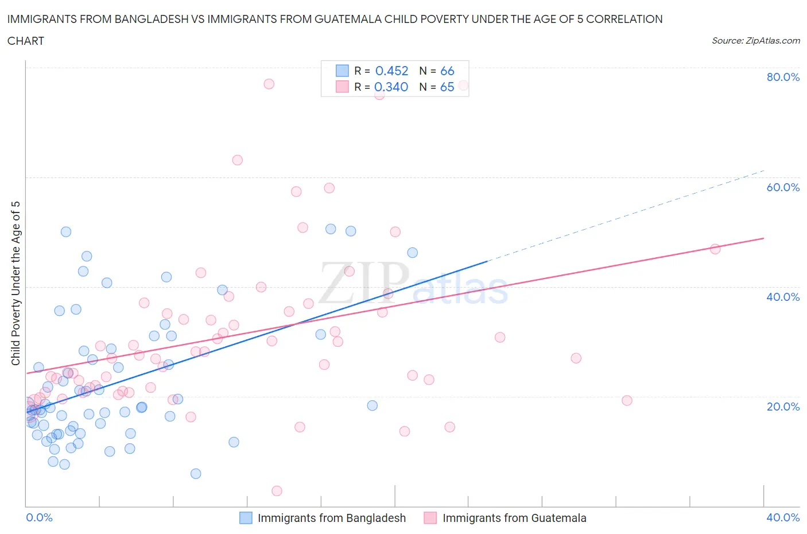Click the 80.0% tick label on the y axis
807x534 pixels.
[783, 78]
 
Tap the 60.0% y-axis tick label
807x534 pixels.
[783, 187]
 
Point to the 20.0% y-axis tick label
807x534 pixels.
[783, 407]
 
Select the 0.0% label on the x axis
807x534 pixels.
[39, 518]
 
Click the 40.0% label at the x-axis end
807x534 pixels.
[783, 518]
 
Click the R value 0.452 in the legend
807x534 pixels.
[391, 71]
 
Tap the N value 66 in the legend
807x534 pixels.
[447, 71]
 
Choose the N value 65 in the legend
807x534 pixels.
[447, 87]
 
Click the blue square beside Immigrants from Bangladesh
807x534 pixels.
[246, 518]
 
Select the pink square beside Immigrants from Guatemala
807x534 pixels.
[430, 518]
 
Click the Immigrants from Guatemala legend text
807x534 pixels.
[514, 518]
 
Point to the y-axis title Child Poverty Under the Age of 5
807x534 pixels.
[16, 283]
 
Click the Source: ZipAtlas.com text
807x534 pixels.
[755, 41]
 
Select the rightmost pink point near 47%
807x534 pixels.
[715, 249]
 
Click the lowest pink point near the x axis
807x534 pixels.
[277, 491]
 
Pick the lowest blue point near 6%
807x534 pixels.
[196, 474]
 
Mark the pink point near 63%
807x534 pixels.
[237, 160]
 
